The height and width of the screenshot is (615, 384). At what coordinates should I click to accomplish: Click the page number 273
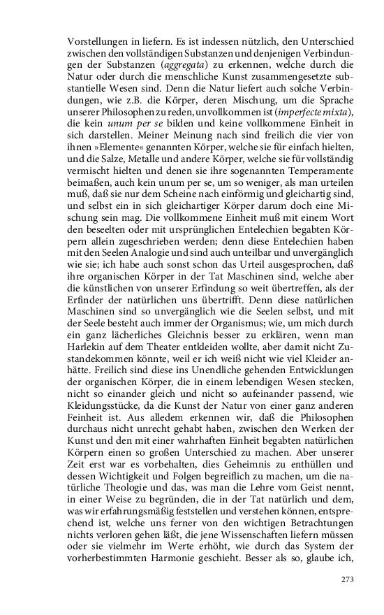pos(348,579)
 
